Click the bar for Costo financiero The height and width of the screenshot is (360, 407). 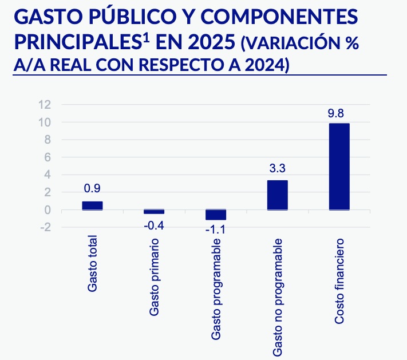click(339, 167)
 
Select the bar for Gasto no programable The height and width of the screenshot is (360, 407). click(278, 195)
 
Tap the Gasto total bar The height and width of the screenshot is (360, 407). click(92, 205)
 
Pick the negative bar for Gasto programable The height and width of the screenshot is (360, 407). click(216, 215)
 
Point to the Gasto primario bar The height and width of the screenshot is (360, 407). click(154, 212)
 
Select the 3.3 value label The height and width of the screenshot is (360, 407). click(278, 169)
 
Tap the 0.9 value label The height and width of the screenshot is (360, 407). click(92, 189)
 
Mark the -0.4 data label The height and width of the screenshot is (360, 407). click(153, 226)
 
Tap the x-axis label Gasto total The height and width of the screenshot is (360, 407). click(92, 264)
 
